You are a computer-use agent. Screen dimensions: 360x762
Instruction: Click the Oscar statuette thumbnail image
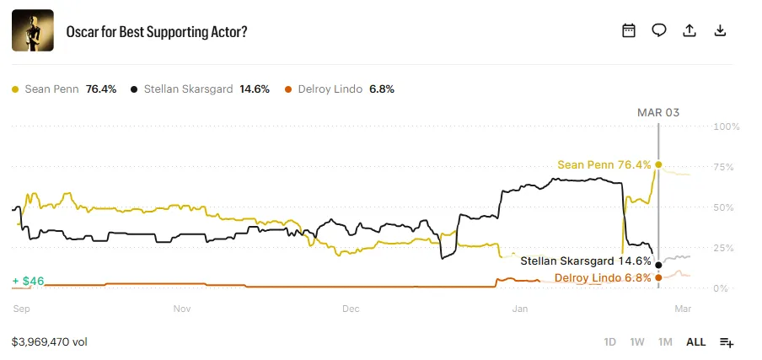click(33, 30)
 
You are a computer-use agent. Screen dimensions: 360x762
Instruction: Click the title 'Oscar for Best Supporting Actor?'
click(157, 31)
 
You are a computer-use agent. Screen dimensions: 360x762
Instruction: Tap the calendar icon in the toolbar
click(629, 30)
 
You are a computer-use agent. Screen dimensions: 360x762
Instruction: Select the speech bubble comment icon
click(659, 30)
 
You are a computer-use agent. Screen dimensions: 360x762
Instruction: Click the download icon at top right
click(720, 30)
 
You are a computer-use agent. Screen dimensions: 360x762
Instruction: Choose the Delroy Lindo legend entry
click(340, 89)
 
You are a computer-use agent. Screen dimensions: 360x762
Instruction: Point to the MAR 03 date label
click(657, 112)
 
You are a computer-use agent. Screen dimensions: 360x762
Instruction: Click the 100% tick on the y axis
click(727, 126)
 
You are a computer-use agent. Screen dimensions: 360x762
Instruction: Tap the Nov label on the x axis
click(182, 309)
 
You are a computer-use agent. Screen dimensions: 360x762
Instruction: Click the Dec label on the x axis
click(351, 309)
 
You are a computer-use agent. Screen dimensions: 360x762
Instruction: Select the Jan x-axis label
click(520, 309)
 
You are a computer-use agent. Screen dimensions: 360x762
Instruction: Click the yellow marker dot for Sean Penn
click(658, 164)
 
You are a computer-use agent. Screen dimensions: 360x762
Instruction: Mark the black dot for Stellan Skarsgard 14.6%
click(658, 265)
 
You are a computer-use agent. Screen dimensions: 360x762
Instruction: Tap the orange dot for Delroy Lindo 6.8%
click(658, 277)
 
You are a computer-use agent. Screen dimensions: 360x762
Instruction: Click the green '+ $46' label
click(28, 280)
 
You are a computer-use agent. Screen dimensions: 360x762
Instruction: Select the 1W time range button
click(637, 342)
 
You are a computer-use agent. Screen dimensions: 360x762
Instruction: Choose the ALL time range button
click(695, 342)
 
